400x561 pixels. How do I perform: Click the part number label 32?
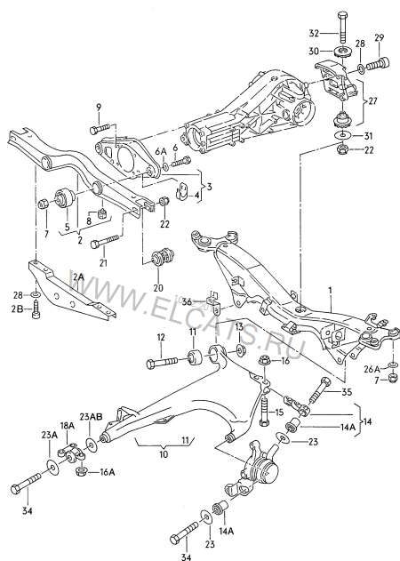(x=314, y=33)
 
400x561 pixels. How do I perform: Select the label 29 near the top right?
(x=380, y=37)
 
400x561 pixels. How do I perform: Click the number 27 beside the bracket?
(x=372, y=101)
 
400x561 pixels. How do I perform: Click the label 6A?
(x=161, y=151)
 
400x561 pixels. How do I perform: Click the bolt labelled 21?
(x=105, y=242)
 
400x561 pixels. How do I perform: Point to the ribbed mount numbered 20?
(x=164, y=257)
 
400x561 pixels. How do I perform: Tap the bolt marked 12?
(x=166, y=361)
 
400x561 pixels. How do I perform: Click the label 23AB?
(x=91, y=416)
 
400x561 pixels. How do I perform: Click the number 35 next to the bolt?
(x=347, y=392)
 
